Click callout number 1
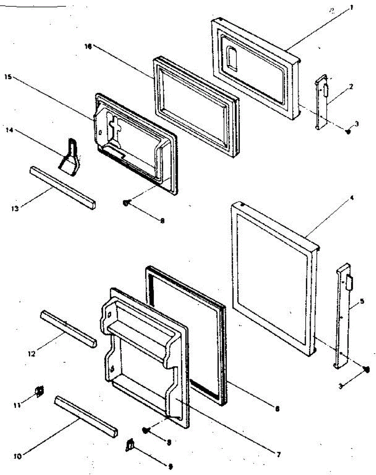point(351,8)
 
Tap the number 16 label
point(88,47)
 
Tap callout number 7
point(279,455)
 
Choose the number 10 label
point(17,455)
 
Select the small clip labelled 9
point(129,446)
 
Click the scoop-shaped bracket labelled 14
point(71,157)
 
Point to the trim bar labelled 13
point(62,187)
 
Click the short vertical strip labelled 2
point(322,102)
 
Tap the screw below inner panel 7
point(145,430)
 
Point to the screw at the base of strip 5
point(366,369)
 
